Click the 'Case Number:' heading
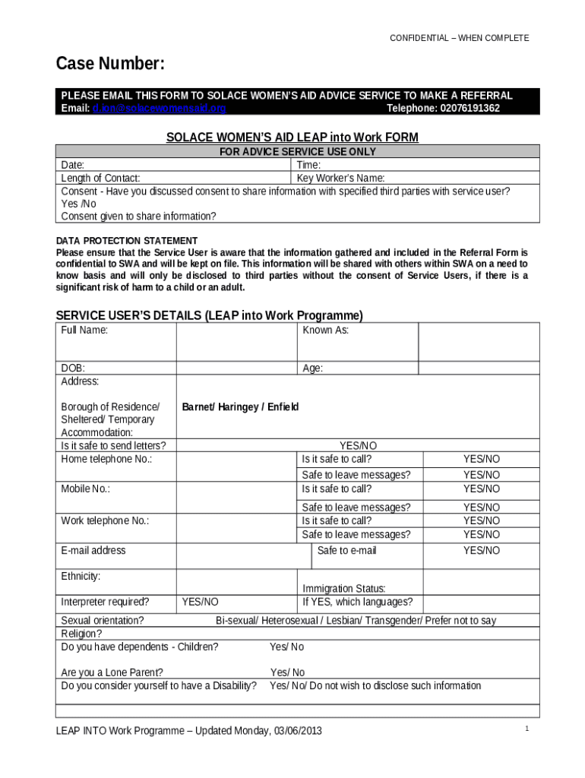(x=110, y=65)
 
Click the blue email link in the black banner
(x=159, y=109)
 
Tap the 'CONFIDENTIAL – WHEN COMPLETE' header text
(x=459, y=38)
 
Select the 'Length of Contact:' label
(x=100, y=178)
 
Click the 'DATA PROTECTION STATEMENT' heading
(x=116, y=241)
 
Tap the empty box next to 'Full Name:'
(x=236, y=342)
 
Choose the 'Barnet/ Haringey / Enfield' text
(x=240, y=406)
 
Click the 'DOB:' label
(x=73, y=368)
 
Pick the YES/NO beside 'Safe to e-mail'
(x=482, y=550)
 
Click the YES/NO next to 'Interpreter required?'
(x=201, y=602)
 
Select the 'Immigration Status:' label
(x=344, y=588)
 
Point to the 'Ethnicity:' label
(x=81, y=576)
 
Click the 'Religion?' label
(x=81, y=634)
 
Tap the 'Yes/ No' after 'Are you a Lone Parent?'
(x=287, y=672)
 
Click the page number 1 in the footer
(x=526, y=729)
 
